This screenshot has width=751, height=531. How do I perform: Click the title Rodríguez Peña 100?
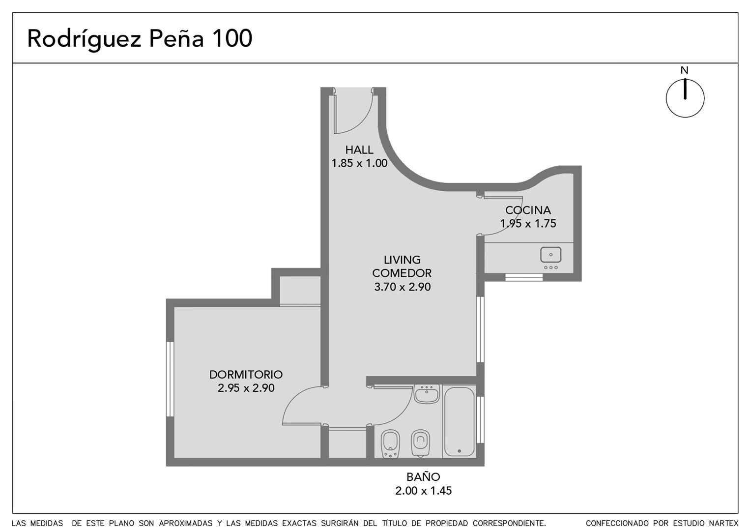[140, 39]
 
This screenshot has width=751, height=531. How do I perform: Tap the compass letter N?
[684, 70]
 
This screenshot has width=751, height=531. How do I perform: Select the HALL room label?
[359, 149]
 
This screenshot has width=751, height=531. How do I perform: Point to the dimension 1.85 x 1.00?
[359, 163]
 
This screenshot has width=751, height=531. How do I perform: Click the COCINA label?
[528, 210]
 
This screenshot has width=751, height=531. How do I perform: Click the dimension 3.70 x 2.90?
[402, 287]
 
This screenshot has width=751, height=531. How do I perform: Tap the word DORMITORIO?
[246, 375]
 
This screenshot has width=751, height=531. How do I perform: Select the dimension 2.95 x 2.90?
[246, 388]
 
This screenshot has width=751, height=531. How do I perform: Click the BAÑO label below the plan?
[423, 477]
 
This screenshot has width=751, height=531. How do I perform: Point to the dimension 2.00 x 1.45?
[423, 491]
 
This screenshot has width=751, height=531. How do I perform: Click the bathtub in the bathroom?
[459, 422]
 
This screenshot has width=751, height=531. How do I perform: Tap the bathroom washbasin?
[427, 394]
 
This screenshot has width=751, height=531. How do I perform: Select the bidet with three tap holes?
[390, 443]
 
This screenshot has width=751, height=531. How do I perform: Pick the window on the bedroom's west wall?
[171, 380]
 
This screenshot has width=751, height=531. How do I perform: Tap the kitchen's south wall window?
[524, 277]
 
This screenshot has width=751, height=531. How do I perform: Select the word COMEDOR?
[402, 273]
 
